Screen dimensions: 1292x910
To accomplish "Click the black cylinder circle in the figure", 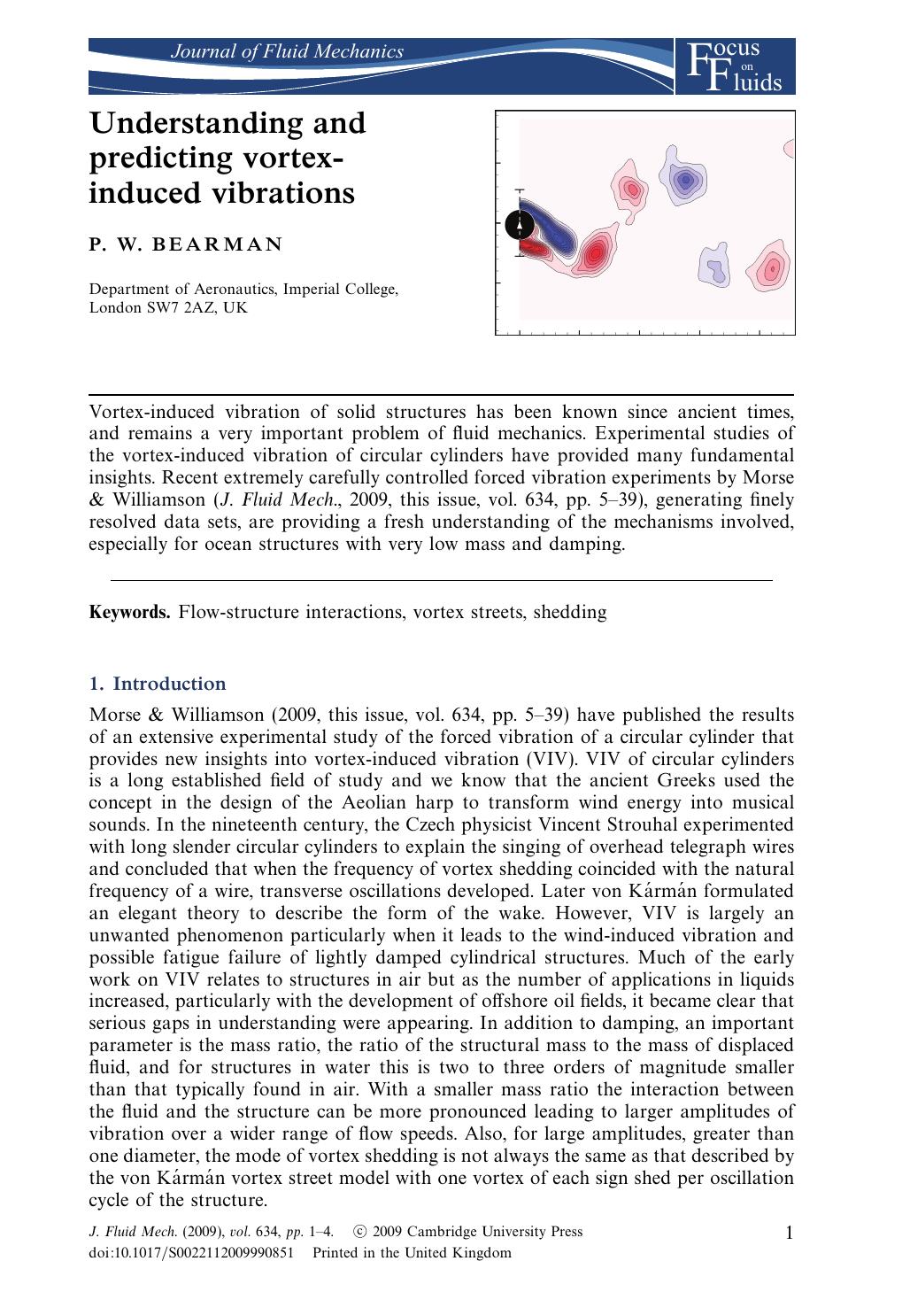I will pyautogui.click(x=520, y=226).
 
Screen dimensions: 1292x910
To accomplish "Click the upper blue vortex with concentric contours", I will pyautogui.click(x=683, y=183).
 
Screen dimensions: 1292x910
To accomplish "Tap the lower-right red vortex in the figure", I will pyautogui.click(x=772, y=267).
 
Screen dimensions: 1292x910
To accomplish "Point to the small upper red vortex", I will pyautogui.click(x=630, y=189).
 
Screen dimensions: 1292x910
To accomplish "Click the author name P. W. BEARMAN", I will pyautogui.click(x=186, y=245).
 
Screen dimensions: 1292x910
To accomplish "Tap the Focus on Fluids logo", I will pyautogui.click(x=734, y=66).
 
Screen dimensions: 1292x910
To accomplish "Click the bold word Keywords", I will pyautogui.click(x=129, y=612).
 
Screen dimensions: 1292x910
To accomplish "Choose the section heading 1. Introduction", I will pyautogui.click(x=158, y=684).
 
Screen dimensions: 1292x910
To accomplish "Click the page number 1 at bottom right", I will pyautogui.click(x=789, y=1233).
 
